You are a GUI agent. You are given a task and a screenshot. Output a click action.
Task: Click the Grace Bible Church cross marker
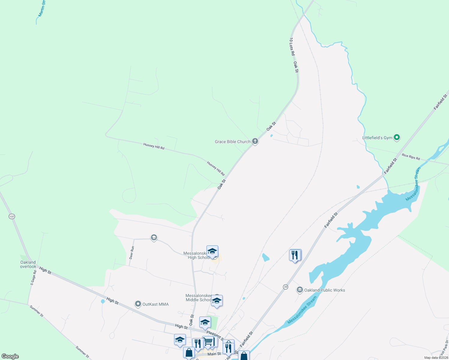(x=255, y=141)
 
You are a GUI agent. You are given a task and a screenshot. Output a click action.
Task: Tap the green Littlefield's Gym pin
(x=397, y=138)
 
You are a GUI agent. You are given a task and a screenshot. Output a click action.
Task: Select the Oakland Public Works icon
(x=300, y=290)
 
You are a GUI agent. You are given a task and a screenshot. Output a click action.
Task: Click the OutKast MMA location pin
(x=138, y=304)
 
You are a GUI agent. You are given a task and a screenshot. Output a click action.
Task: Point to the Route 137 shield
(x=12, y=216)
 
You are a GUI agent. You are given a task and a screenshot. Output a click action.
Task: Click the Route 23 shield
(x=285, y=287)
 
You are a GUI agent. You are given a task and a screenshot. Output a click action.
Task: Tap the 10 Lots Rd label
(x=292, y=46)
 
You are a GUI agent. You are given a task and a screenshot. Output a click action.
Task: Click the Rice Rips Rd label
(x=411, y=157)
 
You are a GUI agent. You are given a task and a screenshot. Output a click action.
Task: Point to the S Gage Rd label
(x=33, y=277)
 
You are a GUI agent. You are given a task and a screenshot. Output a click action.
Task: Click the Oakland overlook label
(x=28, y=264)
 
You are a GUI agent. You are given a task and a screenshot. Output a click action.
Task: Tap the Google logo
(x=10, y=356)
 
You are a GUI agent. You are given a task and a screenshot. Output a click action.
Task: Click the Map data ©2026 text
(x=436, y=358)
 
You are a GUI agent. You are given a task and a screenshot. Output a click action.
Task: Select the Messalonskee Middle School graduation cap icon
(x=217, y=301)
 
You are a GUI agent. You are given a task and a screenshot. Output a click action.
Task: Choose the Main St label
(x=214, y=354)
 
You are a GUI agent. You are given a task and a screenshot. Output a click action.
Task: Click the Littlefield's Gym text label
(x=377, y=138)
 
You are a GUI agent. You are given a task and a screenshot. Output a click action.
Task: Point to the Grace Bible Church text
(x=233, y=142)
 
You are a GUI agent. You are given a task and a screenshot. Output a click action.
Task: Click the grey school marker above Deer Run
(x=154, y=238)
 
